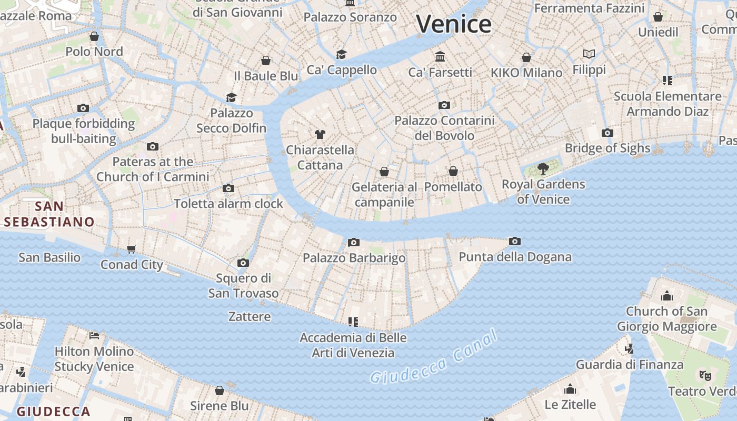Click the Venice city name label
pos(454,24)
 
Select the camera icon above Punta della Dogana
pos(515,241)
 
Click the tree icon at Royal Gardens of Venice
pos(543,169)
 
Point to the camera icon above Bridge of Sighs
pos(607,133)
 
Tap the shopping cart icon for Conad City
pos(132,249)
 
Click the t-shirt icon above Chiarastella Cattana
pos(320,134)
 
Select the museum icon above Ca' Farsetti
pos(440,56)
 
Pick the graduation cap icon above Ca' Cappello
pos(342,54)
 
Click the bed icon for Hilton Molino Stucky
pos(94,335)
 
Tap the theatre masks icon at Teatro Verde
pos(705,375)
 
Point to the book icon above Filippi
pos(589,54)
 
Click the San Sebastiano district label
pos(49,214)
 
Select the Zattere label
pos(250,316)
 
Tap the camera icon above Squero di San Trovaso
pos(243,263)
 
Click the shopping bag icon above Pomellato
pos(453,171)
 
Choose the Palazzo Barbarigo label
pos(354,258)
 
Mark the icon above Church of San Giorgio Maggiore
pos(667,296)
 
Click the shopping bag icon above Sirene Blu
pos(220,390)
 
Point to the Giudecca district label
pos(53,411)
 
